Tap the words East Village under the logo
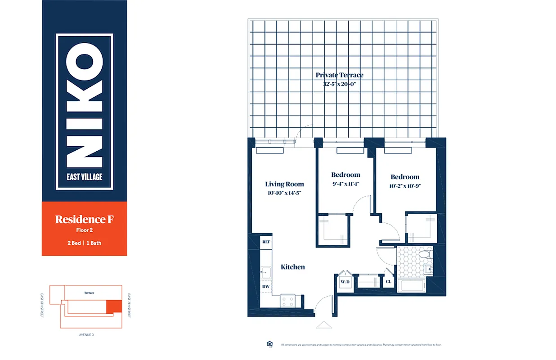[85, 177]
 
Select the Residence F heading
[84, 220]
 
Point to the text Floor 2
[84, 230]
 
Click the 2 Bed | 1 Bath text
[84, 243]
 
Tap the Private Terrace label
[339, 75]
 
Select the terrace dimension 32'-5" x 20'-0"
[339, 84]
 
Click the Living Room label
[284, 184]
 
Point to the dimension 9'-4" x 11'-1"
[345, 184]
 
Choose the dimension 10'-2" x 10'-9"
[405, 185]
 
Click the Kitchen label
[293, 267]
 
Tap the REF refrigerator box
[266, 242]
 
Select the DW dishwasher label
[266, 286]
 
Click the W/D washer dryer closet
[345, 282]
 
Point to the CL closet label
[388, 282]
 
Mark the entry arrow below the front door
[323, 325]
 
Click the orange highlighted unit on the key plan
[113, 306]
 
